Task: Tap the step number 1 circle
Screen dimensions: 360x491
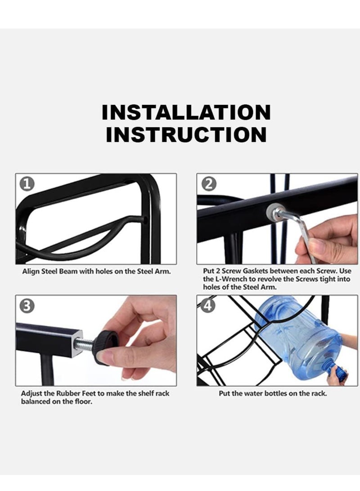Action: tap(27, 184)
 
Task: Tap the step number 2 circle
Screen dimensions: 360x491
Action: tap(209, 184)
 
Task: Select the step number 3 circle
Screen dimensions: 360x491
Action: tap(27, 306)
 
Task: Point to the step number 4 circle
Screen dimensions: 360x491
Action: tap(208, 306)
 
